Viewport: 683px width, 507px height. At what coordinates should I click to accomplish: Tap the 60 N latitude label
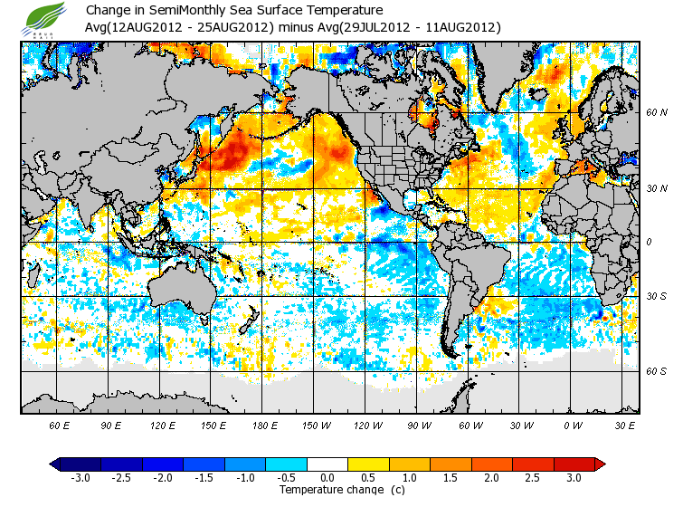pos(658,112)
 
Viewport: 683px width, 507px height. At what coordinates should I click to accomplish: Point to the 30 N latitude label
pos(658,188)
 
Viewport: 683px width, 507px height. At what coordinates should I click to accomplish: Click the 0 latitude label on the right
pos(650,242)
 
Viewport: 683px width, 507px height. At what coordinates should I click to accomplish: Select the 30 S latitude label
pos(658,296)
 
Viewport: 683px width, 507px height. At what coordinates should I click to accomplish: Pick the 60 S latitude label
pos(658,371)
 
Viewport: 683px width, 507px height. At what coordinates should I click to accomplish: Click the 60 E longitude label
pos(59,425)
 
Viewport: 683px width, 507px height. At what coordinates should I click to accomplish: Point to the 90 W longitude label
pos(420,425)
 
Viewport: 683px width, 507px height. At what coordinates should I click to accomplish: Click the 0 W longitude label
pos(574,425)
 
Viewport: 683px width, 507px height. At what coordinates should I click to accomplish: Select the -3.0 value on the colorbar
pos(81,478)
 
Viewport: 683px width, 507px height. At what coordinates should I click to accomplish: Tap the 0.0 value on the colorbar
pos(327,478)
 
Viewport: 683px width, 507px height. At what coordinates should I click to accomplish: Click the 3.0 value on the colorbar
pos(574,478)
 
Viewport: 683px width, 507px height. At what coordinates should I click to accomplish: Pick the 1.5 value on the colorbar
pos(451,478)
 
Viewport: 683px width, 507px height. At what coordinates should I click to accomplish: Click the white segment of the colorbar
pos(327,464)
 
